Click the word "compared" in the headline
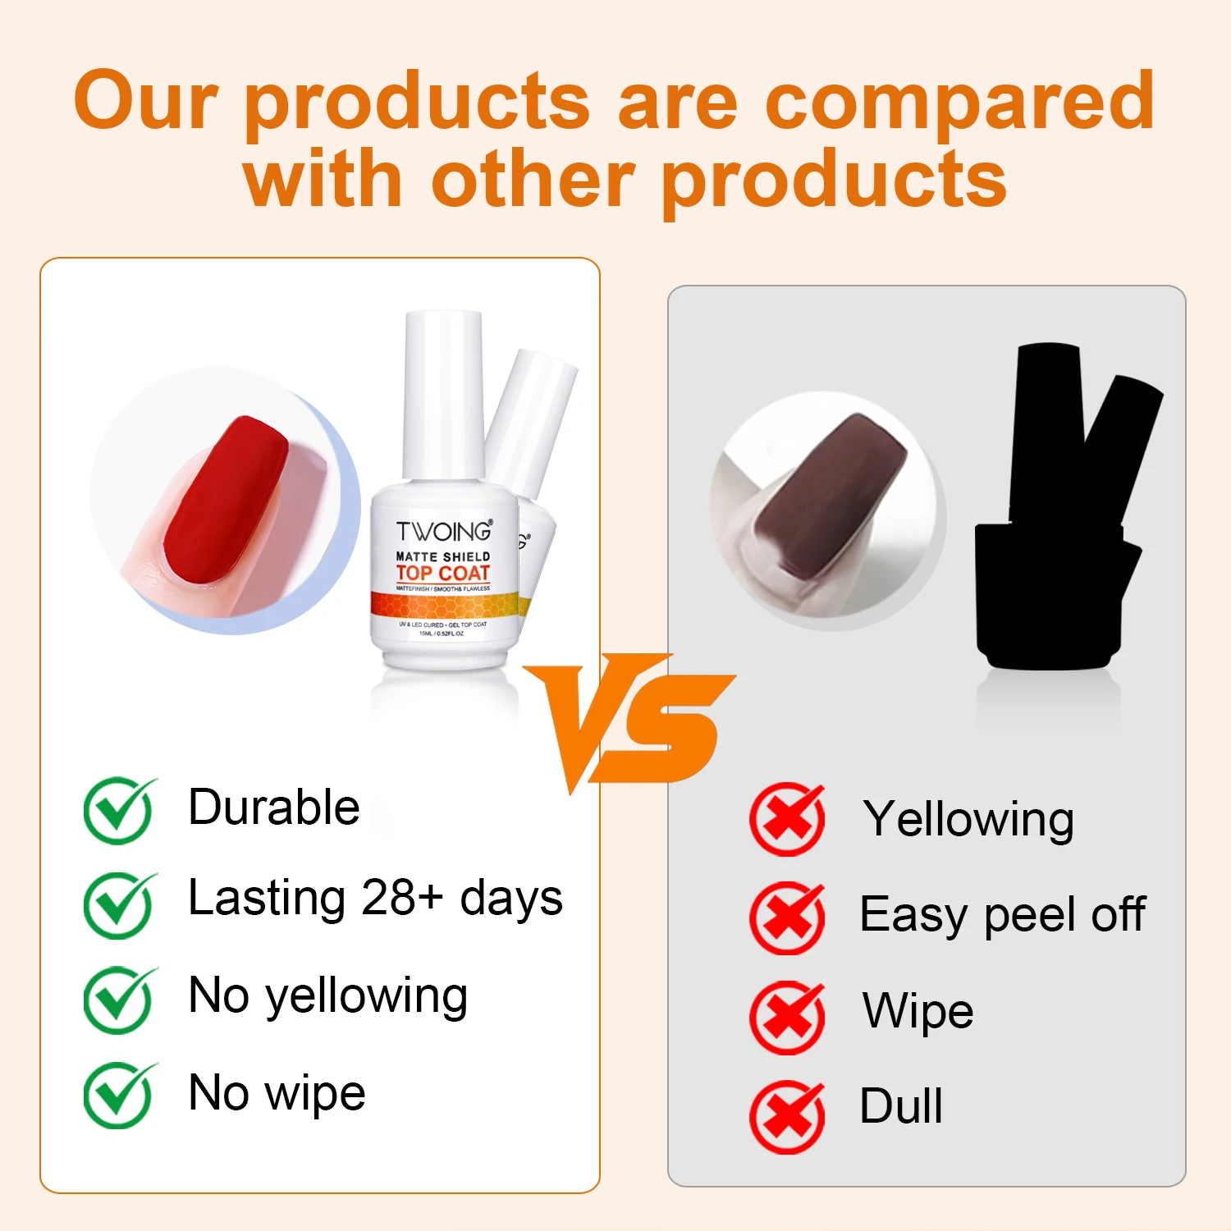click(959, 102)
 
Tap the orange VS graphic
click(628, 719)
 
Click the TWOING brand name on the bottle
click(444, 532)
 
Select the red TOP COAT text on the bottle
click(443, 573)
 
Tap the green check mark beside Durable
click(119, 811)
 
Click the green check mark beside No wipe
click(119, 1095)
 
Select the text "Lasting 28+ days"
click(375, 897)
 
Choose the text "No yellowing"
click(327, 995)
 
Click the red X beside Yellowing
click(787, 819)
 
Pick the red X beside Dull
click(787, 1116)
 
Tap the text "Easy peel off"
click(1002, 914)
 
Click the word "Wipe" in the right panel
click(918, 1010)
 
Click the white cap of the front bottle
click(443, 394)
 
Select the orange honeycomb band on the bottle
click(444, 606)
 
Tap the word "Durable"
click(273, 807)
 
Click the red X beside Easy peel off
click(787, 918)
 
